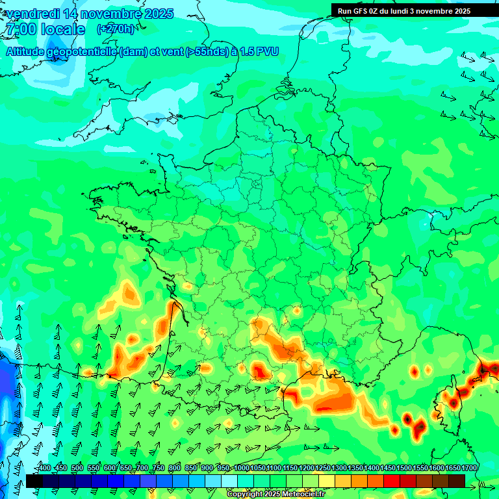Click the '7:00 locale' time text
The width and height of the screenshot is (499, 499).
coord(45,29)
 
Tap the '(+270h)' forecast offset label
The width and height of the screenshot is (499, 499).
coord(116,29)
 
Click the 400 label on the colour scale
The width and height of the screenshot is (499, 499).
coord(44,468)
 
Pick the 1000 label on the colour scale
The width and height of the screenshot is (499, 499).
coord(242,468)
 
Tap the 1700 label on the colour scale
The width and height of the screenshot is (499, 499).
coord(469,468)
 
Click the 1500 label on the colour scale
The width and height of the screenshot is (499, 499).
coord(404,468)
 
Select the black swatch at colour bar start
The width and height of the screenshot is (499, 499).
coord(34,481)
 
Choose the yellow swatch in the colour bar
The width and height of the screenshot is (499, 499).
coord(327,481)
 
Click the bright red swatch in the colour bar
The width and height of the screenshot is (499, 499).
coord(392,481)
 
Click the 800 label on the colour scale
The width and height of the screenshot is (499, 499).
coord(174,468)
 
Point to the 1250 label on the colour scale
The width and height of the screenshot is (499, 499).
coord(323,468)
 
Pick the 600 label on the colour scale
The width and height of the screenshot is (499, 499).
coord(109,468)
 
